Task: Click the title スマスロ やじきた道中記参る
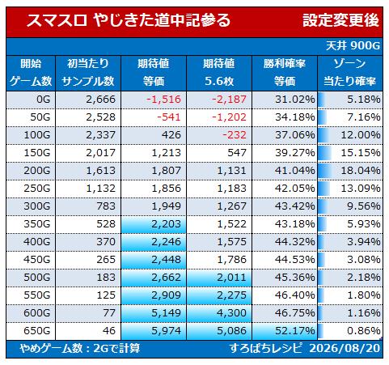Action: coord(129,20)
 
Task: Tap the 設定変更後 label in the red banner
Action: coord(340,20)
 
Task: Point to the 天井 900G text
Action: coord(353,46)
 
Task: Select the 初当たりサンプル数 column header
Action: coord(88,73)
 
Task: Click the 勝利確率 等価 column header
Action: coord(285,73)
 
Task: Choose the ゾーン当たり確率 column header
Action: coord(349,73)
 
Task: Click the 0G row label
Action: coord(44,100)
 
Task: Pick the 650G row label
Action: coord(37,331)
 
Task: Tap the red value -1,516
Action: coord(163,100)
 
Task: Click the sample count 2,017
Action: coord(101,153)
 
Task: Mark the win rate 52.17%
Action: coord(295,331)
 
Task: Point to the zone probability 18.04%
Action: coord(361,171)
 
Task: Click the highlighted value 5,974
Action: coord(166,331)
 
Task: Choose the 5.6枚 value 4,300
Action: coord(232,313)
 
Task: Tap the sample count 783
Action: coord(107,206)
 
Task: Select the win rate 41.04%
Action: coord(295,171)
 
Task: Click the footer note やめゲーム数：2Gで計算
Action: coord(80,349)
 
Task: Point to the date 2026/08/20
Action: coord(345,349)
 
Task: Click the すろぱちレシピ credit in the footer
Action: coord(266,349)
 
